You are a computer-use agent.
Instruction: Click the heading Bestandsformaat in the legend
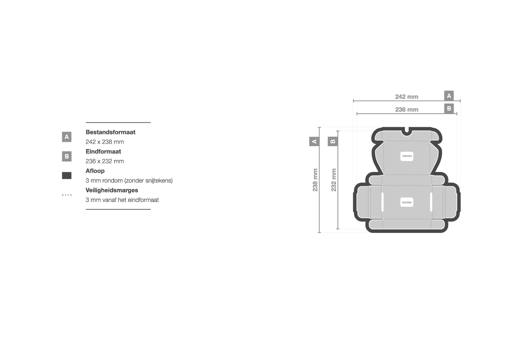click(x=110, y=132)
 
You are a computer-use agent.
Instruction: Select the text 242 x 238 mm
click(x=104, y=142)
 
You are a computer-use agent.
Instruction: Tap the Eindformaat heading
click(x=103, y=151)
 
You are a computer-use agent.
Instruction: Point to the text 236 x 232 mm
click(x=104, y=161)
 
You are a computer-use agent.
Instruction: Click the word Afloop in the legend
click(x=95, y=171)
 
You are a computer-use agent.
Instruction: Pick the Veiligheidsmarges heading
click(x=112, y=190)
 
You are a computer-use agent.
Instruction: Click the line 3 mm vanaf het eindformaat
click(x=122, y=200)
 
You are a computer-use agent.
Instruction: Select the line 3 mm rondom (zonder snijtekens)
click(x=129, y=181)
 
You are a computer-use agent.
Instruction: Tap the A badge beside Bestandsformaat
click(x=67, y=137)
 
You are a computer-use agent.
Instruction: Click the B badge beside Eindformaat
click(x=67, y=156)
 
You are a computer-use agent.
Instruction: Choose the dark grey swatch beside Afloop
click(x=67, y=176)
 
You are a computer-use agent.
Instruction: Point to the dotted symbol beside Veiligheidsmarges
click(x=67, y=195)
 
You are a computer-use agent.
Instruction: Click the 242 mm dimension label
click(x=407, y=97)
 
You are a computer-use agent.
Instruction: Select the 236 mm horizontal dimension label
click(x=407, y=110)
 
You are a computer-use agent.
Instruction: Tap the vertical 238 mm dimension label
click(x=315, y=180)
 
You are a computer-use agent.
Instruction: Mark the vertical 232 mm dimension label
click(x=334, y=180)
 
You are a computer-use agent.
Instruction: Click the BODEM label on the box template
click(x=407, y=202)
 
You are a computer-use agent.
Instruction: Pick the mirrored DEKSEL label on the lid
click(x=407, y=156)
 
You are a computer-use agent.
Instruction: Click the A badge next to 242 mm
click(x=449, y=96)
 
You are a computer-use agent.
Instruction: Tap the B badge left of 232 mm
click(x=333, y=141)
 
